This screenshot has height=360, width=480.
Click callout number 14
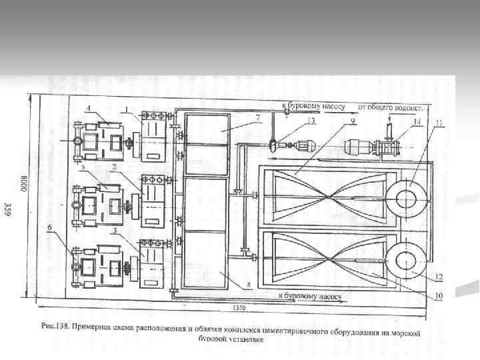pyautogui.click(x=417, y=122)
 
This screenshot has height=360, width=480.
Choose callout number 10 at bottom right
pyautogui.click(x=439, y=296)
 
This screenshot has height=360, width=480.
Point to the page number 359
pyautogui.click(x=8, y=209)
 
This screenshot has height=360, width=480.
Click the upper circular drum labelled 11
pyautogui.click(x=406, y=199)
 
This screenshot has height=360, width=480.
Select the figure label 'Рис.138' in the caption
pyautogui.click(x=54, y=327)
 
